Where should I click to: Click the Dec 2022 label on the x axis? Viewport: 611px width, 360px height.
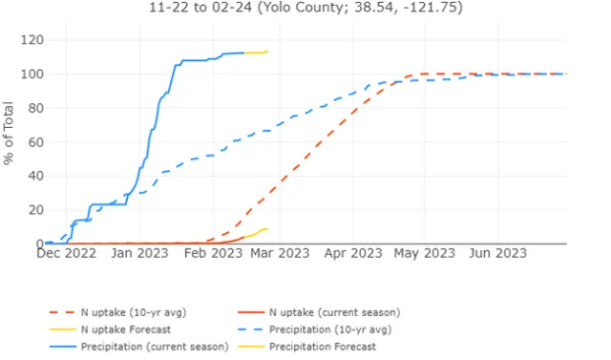pyautogui.click(x=70, y=254)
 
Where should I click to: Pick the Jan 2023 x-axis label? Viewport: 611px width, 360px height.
pyautogui.click(x=139, y=254)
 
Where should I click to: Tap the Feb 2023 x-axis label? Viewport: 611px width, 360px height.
pyautogui.click(x=212, y=254)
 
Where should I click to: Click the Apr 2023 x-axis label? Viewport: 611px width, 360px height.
pyautogui.click(x=353, y=254)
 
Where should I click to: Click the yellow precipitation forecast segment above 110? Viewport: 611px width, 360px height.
pyautogui.click(x=256, y=53)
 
